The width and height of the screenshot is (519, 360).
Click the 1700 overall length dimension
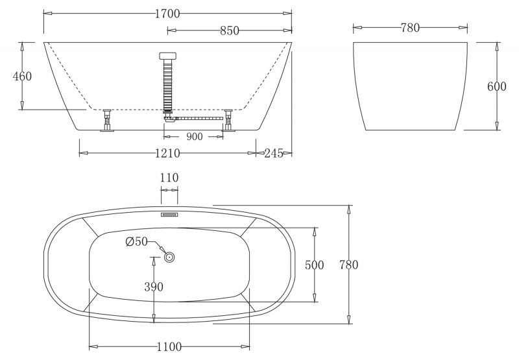click(x=167, y=14)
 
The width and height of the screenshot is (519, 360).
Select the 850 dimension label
click(x=230, y=30)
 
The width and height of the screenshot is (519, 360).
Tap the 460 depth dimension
click(x=23, y=77)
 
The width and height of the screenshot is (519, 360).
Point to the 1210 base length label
click(x=167, y=153)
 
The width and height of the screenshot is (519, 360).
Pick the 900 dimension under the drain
click(x=194, y=136)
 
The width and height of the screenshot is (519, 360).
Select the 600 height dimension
click(x=496, y=87)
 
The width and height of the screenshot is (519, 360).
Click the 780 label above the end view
click(x=410, y=27)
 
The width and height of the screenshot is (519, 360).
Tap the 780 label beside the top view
click(x=348, y=265)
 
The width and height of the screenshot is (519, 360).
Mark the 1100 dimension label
click(x=169, y=346)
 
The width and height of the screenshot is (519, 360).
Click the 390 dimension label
click(x=154, y=287)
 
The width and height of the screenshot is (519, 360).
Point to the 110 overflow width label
click(x=169, y=178)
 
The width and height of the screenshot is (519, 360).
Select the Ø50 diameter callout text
click(x=137, y=243)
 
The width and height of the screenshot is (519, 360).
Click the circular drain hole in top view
click(x=169, y=258)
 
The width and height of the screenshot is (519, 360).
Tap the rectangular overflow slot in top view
click(x=169, y=212)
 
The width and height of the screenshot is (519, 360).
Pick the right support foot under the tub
click(x=229, y=121)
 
